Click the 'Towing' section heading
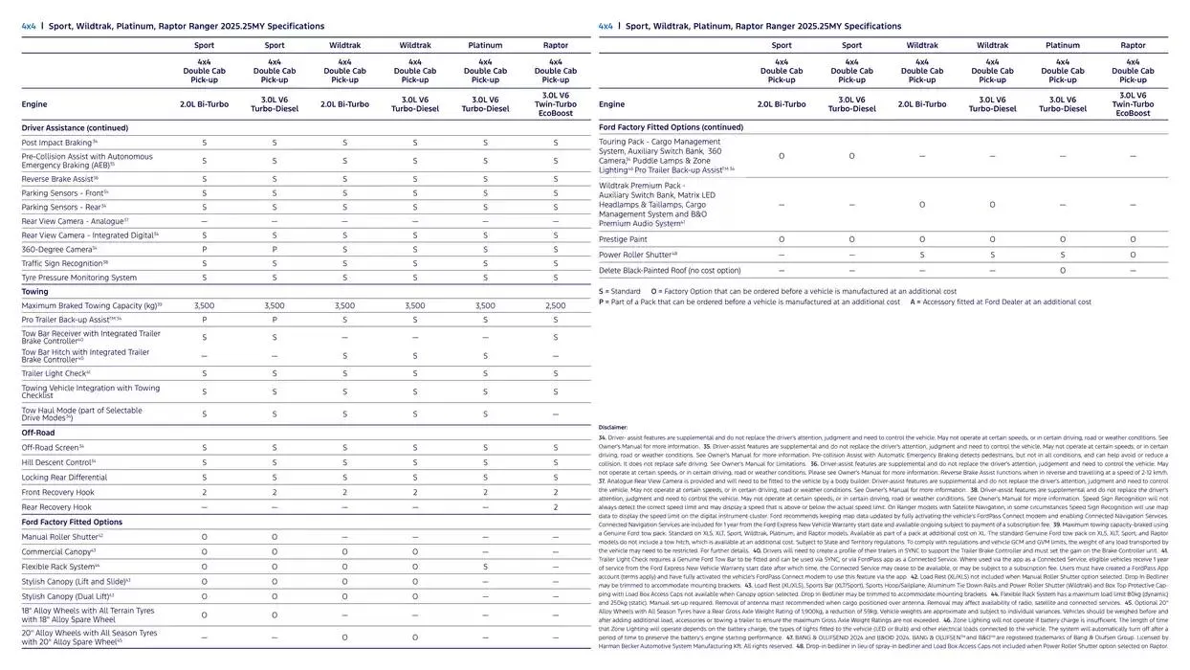tap(34, 292)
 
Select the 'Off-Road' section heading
tap(38, 433)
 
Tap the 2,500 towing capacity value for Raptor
tap(555, 305)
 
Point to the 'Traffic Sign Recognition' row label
tap(64, 263)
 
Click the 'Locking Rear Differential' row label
tap(64, 478)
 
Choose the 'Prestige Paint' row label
tap(623, 239)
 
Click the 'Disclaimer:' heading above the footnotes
tap(612, 428)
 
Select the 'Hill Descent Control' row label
tap(58, 462)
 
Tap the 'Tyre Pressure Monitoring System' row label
tap(78, 278)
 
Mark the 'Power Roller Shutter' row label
tap(637, 255)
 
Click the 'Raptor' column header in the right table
tap(1133, 45)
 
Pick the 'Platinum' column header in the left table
tap(485, 45)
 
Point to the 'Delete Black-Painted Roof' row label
tap(670, 270)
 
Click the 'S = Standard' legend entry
tap(620, 291)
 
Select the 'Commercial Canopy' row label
tap(58, 552)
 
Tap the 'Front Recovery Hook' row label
tap(57, 492)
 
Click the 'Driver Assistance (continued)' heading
tap(75, 127)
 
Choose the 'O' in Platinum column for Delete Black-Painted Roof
tap(1063, 270)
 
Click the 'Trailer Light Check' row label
tap(55, 373)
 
